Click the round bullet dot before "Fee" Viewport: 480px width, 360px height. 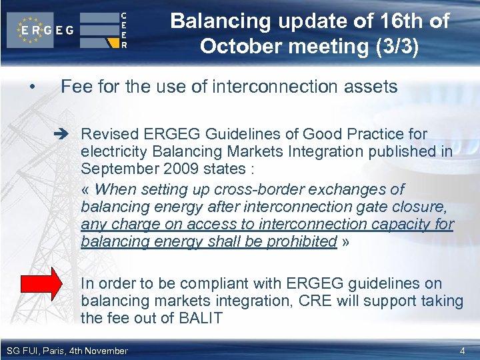tap(31, 87)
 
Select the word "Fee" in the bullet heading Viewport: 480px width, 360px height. tap(75, 87)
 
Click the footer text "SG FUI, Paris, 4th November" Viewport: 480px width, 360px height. tap(67, 351)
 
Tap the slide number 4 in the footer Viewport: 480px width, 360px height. tap(463, 351)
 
